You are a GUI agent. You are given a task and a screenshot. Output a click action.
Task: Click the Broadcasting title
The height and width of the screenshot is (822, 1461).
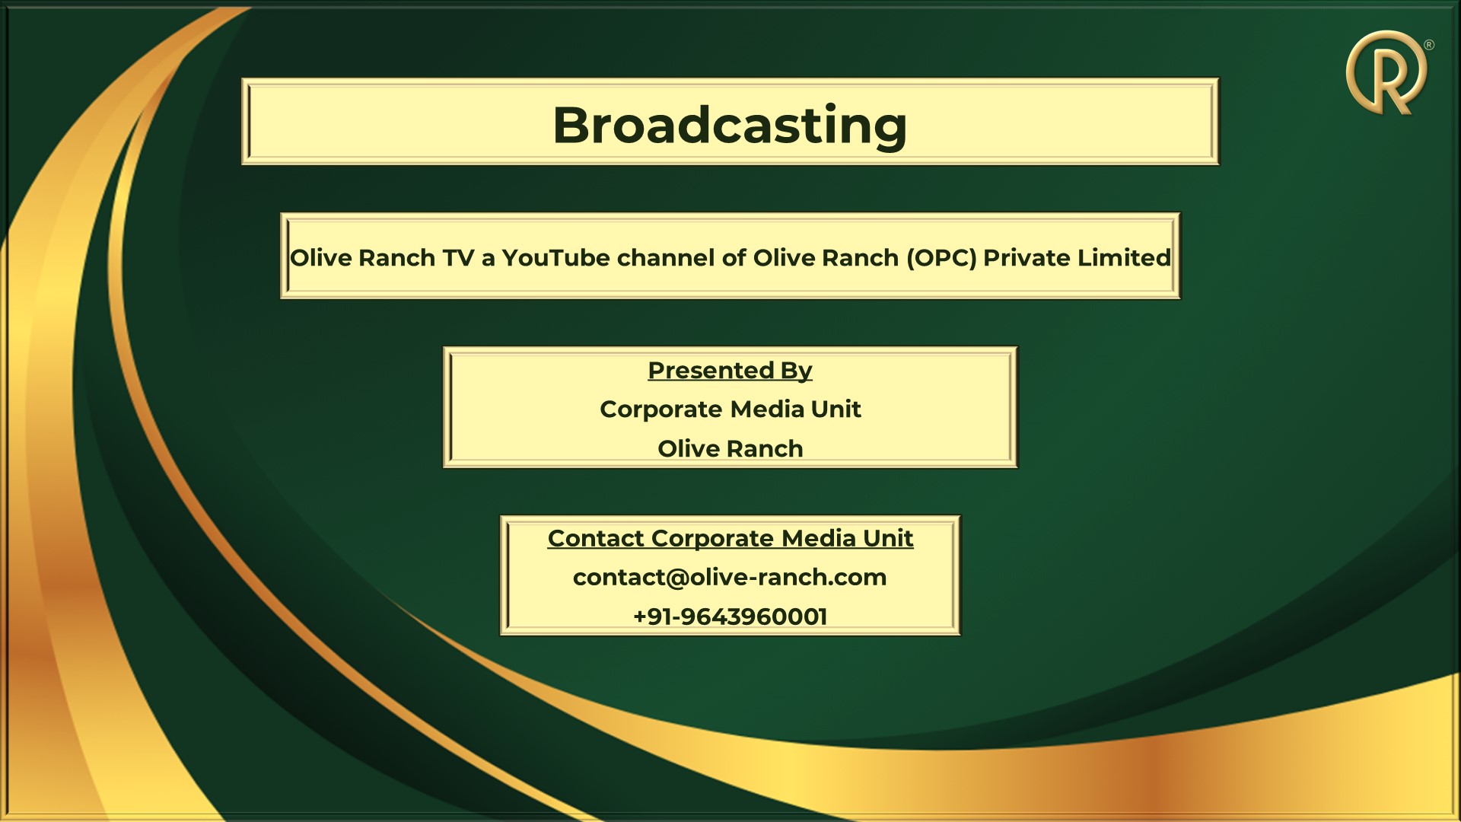[x=730, y=126]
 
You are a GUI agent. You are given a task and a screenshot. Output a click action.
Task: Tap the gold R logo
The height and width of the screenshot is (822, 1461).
[x=1384, y=73]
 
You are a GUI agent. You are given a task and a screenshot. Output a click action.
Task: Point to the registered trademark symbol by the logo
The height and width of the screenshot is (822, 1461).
[x=1428, y=45]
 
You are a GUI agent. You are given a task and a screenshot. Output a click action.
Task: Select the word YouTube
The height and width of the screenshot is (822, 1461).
[x=555, y=258]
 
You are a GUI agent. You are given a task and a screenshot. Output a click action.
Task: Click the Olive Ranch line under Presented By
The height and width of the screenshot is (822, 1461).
[x=730, y=448]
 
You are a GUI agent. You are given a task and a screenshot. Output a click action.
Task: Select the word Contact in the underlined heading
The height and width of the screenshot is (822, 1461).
[x=596, y=538]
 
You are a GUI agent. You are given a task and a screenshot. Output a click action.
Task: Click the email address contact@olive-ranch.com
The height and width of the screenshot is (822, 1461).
[x=730, y=578]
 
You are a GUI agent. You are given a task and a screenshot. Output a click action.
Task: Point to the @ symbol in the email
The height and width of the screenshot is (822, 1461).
[x=676, y=578]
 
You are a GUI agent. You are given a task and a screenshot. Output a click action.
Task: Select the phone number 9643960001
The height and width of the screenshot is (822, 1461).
[x=753, y=616]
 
